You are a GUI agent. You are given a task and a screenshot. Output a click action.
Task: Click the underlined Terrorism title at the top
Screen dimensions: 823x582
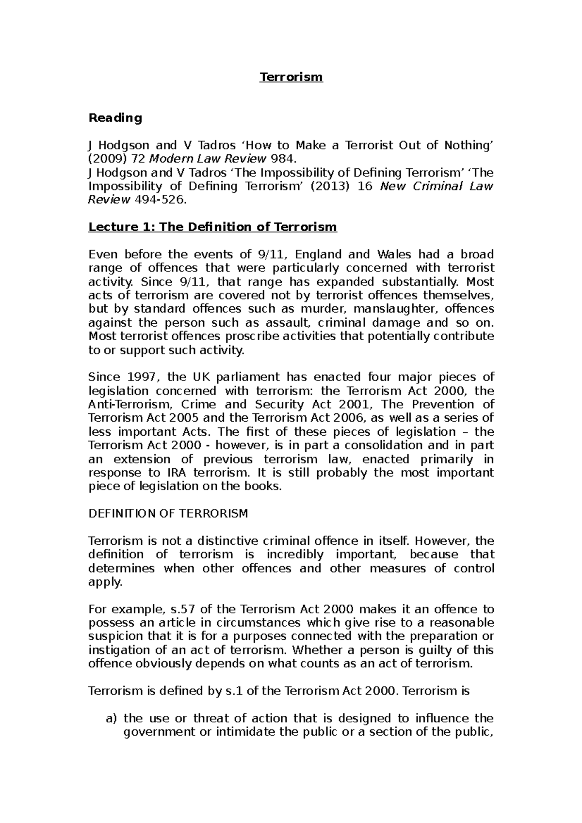click(291, 77)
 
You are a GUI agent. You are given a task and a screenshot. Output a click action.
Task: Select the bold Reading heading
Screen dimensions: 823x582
click(115, 118)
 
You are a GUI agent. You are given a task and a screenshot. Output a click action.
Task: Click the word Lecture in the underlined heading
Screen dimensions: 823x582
click(109, 227)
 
